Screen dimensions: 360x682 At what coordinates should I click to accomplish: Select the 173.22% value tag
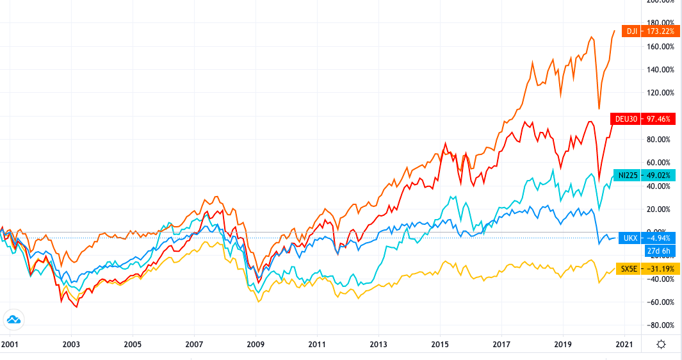point(660,30)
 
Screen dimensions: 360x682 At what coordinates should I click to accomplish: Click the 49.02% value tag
point(660,174)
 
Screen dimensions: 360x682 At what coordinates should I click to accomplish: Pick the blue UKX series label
point(628,237)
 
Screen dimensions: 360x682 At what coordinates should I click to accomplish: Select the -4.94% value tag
point(660,237)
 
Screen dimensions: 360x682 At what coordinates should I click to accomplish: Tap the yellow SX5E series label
point(628,268)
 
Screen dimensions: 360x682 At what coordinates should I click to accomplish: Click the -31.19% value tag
point(660,268)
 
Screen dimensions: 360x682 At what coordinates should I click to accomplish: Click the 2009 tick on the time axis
point(256,345)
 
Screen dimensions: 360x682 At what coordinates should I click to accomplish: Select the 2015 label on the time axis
point(440,345)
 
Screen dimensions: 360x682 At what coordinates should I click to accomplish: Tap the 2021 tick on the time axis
point(624,345)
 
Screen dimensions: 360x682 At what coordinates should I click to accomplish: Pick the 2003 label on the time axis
point(71,345)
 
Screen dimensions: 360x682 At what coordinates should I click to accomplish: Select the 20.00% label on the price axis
point(659,209)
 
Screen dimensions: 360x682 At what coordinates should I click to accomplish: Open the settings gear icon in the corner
point(661,345)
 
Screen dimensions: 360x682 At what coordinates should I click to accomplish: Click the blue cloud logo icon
point(13,319)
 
